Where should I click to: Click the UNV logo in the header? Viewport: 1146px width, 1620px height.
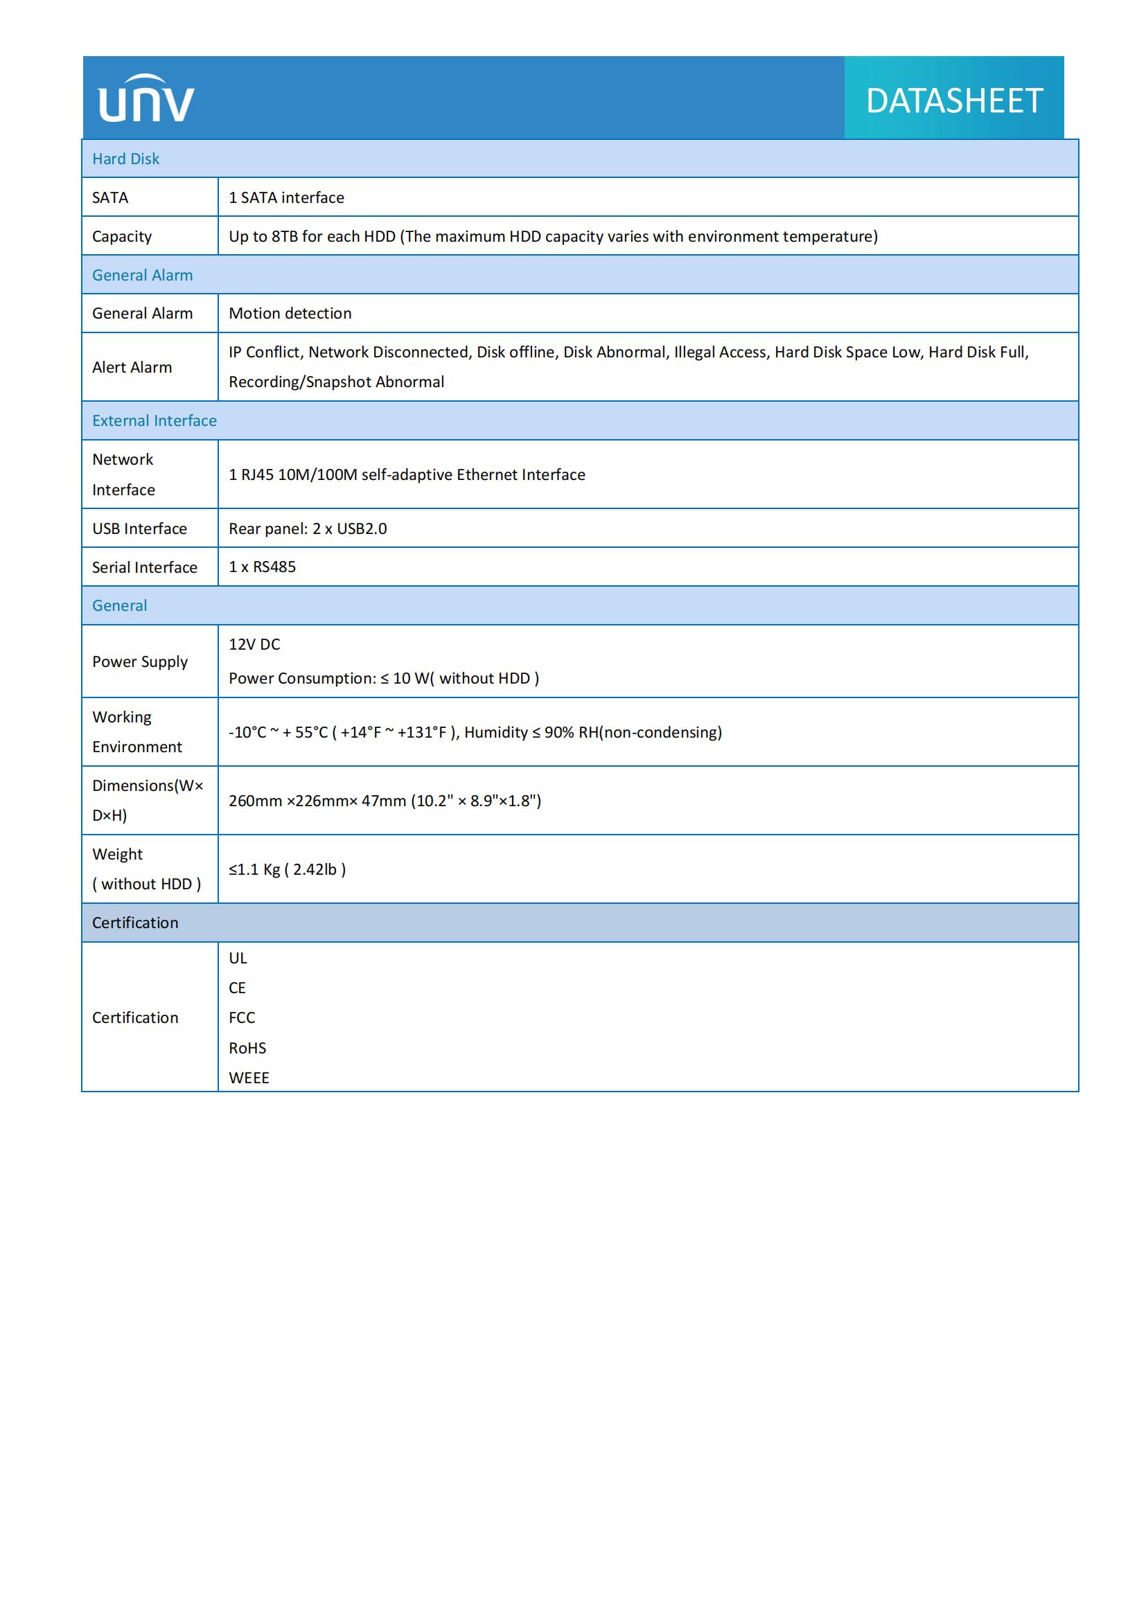click(146, 99)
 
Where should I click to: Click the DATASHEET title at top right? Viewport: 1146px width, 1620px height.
click(954, 101)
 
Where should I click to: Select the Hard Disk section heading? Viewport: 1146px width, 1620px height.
click(125, 159)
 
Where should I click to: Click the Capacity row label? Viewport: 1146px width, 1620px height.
click(121, 236)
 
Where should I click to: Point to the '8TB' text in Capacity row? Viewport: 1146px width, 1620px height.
click(284, 236)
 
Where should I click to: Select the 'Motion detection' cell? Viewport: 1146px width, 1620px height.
click(290, 313)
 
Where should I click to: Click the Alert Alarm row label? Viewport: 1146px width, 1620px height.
click(132, 367)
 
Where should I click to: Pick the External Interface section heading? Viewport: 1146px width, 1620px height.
click(154, 420)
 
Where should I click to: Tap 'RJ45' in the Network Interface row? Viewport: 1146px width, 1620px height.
click(257, 475)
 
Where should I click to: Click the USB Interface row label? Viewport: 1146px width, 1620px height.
click(139, 528)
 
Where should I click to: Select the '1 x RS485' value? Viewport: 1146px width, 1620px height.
click(262, 567)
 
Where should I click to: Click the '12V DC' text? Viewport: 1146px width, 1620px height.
click(254, 644)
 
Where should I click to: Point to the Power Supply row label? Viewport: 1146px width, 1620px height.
click(140, 662)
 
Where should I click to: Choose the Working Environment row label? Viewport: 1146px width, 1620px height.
click(136, 731)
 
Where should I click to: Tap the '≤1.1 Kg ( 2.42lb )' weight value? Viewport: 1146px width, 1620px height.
click(287, 869)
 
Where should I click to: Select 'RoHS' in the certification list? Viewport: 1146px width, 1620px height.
click(247, 1048)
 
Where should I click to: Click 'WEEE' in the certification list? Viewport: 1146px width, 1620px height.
click(249, 1078)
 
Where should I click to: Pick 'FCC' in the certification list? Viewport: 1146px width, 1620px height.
click(241, 1017)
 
